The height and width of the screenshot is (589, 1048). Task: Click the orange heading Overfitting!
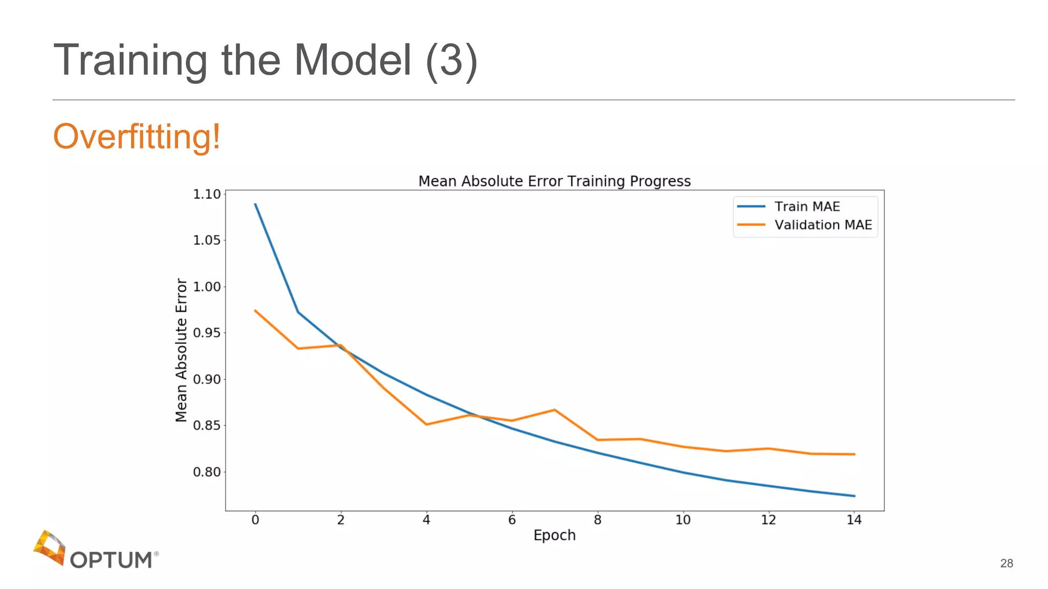tap(137, 137)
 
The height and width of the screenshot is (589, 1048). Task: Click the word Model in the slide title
tap(353, 60)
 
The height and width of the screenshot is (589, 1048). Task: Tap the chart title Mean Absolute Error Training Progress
tap(554, 182)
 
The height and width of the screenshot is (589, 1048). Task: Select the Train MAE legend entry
tap(806, 207)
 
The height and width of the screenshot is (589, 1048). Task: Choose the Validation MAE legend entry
tap(822, 225)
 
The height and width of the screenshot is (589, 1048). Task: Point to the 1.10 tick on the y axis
tap(207, 194)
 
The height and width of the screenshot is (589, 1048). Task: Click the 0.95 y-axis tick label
tap(207, 333)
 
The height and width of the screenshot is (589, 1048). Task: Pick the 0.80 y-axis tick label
tap(207, 472)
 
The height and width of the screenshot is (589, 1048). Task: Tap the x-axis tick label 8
tap(597, 520)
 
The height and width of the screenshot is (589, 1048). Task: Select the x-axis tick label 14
tap(854, 520)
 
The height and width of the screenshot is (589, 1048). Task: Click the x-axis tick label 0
tap(255, 520)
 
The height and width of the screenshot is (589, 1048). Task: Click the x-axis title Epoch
tap(554, 535)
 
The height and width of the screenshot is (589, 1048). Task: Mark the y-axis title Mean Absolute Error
tap(181, 350)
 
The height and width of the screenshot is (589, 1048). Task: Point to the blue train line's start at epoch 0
tap(255, 204)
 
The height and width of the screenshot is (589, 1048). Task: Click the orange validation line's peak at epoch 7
tap(555, 410)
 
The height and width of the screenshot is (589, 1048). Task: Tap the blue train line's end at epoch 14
tap(854, 496)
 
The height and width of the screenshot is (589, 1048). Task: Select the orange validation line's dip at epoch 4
tap(426, 424)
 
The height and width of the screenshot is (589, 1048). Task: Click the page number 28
tap(1006, 563)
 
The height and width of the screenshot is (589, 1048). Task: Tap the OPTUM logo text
tap(111, 560)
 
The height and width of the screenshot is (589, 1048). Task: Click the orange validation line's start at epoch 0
tap(255, 310)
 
